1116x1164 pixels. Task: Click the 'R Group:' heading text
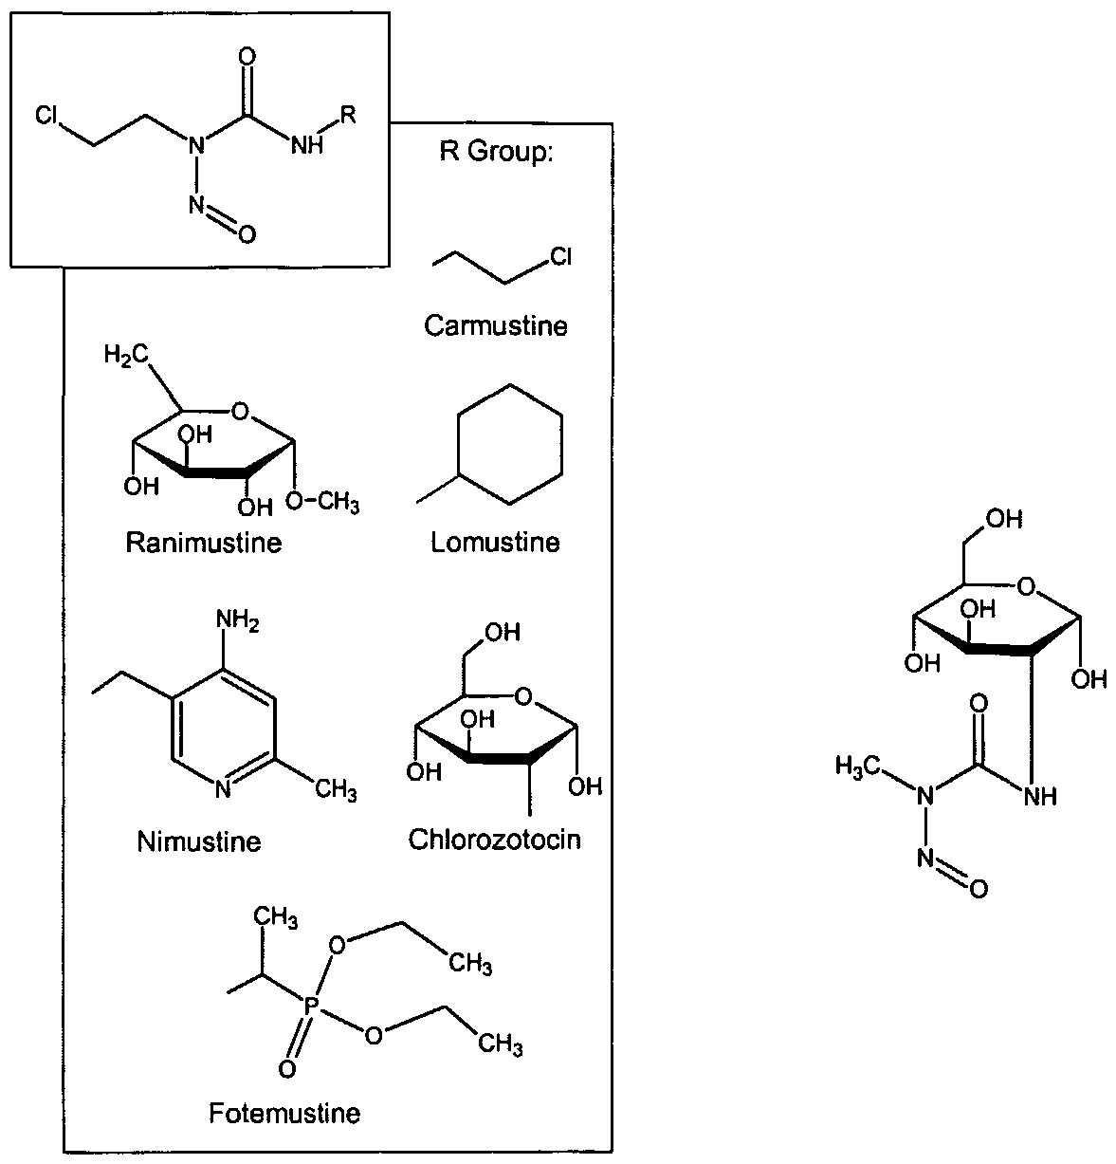496,152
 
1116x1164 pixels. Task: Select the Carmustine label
496,326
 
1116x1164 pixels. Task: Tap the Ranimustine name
203,543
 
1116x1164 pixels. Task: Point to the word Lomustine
495,543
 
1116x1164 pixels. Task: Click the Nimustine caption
199,841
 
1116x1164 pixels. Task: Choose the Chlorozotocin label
494,840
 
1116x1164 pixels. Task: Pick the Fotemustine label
284,1113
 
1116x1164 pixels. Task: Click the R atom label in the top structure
347,114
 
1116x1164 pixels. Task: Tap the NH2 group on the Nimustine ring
238,620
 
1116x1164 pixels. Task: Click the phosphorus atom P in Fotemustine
308,1007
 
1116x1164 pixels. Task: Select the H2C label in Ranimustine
126,355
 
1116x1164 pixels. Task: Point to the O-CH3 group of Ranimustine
322,501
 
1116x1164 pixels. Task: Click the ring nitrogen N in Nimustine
223,790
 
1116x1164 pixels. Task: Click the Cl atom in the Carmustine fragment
560,256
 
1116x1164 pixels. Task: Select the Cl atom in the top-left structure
46,115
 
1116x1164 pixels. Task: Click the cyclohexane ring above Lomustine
509,444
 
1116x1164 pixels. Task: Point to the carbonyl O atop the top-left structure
247,58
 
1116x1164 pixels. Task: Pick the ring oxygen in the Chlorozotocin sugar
523,696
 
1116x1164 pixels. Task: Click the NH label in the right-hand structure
1040,796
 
